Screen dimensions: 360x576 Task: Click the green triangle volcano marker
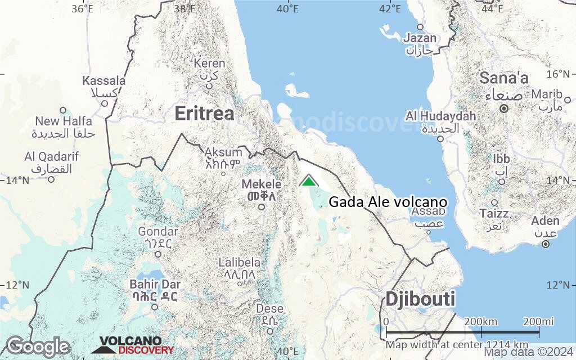(x=308, y=181)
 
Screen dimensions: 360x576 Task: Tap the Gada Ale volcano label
(x=388, y=202)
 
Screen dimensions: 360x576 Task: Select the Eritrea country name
(x=204, y=113)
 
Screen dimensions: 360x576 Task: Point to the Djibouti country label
(x=420, y=299)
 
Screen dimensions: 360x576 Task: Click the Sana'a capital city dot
(x=504, y=108)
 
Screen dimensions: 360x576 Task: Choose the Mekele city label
(x=262, y=184)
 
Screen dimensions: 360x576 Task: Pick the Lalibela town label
(x=240, y=263)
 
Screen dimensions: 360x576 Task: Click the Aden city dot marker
(x=545, y=244)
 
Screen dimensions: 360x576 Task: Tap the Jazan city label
(x=420, y=38)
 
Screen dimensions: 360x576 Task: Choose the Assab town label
(x=429, y=211)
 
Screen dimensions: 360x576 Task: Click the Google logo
(x=38, y=346)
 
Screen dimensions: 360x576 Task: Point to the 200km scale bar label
(x=481, y=322)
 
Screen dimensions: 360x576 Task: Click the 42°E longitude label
(x=390, y=8)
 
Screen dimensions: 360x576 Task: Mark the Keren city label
(x=209, y=64)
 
